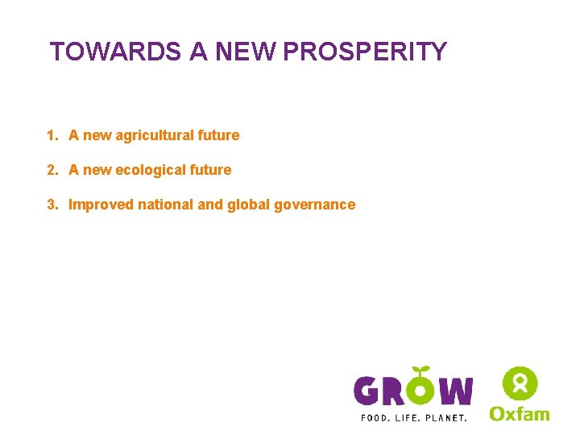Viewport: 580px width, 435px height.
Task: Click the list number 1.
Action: click(52, 135)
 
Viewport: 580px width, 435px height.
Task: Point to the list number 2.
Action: click(52, 170)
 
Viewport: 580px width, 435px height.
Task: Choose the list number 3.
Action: click(52, 205)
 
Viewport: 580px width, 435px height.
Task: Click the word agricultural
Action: click(153, 135)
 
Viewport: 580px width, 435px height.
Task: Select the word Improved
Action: click(101, 205)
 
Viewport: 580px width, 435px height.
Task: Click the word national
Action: click(166, 205)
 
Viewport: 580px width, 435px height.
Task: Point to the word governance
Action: click(314, 205)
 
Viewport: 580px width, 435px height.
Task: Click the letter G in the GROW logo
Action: click(368, 391)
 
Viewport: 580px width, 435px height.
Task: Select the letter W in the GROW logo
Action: click(456, 391)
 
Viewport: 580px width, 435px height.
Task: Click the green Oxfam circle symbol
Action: click(520, 382)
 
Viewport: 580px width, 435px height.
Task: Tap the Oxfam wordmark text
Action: click(520, 413)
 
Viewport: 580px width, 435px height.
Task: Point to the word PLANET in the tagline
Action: click(446, 418)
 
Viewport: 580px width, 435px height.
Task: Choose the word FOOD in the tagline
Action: click(374, 418)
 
